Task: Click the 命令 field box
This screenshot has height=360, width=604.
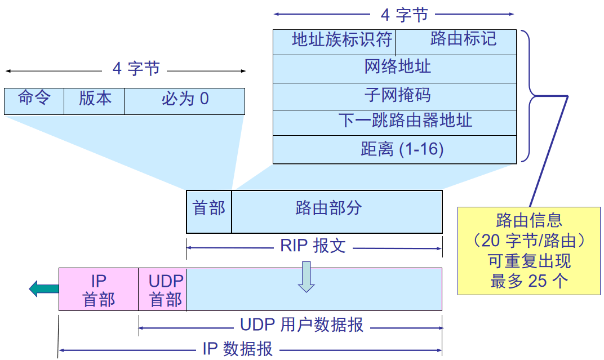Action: tap(34, 101)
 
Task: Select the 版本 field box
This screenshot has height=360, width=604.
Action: tap(94, 101)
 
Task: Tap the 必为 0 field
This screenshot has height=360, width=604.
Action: tap(185, 101)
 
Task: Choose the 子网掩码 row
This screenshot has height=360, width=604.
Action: tap(394, 96)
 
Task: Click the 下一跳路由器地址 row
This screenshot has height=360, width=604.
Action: tap(394, 122)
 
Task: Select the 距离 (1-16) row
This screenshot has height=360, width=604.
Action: tap(394, 149)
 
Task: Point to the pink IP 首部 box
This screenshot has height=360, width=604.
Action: tap(99, 289)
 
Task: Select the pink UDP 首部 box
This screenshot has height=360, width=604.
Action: tap(163, 289)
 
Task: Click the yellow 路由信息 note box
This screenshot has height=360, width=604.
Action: tap(529, 251)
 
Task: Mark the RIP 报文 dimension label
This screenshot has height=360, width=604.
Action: tap(313, 247)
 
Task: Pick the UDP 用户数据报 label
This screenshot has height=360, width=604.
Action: tap(301, 325)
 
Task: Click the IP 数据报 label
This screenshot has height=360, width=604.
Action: tap(237, 349)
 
